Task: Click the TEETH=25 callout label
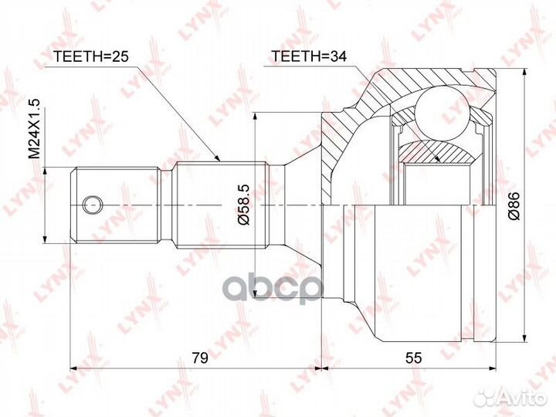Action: tap(90, 56)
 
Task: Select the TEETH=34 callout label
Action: tap(309, 56)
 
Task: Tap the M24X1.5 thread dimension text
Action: tap(35, 128)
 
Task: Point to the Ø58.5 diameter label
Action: tap(244, 205)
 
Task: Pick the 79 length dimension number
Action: tap(200, 358)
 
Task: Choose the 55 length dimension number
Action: tap(414, 358)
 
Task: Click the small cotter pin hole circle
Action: tap(92, 205)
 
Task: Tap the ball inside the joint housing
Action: tap(442, 113)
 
